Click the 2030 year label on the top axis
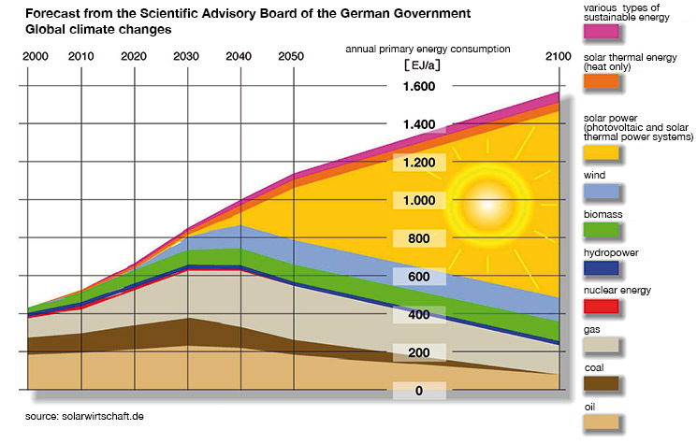[x=187, y=57]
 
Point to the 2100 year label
[x=558, y=57]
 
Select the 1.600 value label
[x=418, y=87]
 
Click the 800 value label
[x=418, y=238]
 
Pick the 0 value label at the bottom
[x=418, y=390]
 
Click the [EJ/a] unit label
[x=418, y=65]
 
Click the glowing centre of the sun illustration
[x=487, y=197]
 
